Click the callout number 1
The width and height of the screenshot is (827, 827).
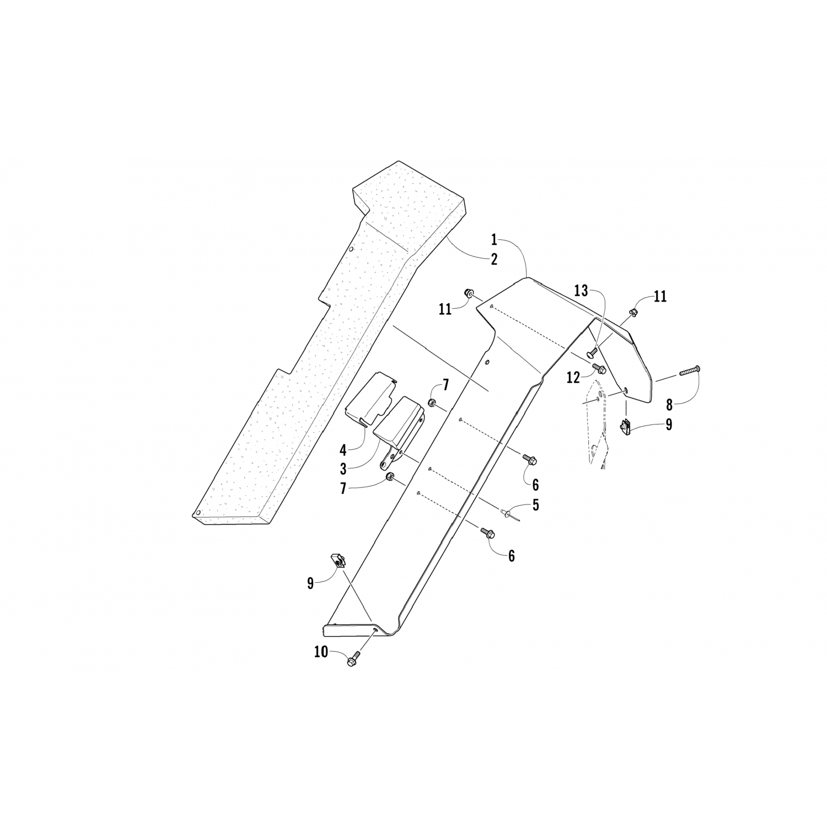pos(495,240)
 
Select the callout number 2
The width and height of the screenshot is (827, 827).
pos(495,259)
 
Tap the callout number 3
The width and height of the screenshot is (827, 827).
pos(343,469)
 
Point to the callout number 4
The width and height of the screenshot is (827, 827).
pos(343,450)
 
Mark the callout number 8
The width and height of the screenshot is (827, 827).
pos(669,405)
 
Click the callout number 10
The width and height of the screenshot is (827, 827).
pos(321,652)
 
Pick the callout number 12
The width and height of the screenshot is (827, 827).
pos(573,378)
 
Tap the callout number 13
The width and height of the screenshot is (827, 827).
pos(582,291)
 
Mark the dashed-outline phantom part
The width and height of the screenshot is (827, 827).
pos(598,430)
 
